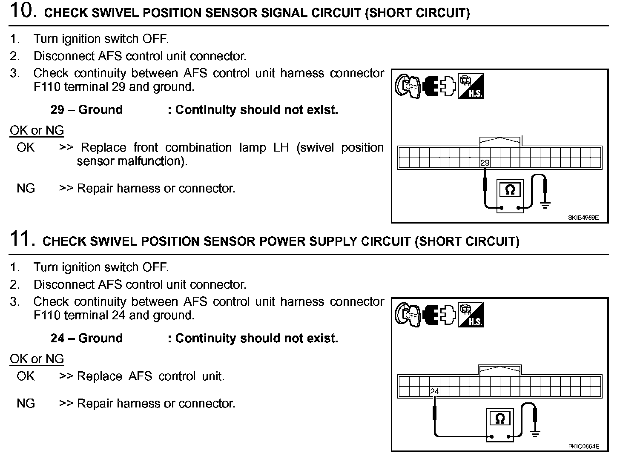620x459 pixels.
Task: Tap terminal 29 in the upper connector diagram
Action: click(x=485, y=163)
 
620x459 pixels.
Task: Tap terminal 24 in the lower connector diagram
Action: click(x=434, y=391)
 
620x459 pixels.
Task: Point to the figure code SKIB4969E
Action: click(x=583, y=218)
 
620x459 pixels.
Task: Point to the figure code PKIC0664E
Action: click(x=583, y=446)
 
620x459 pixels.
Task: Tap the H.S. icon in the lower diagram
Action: click(x=471, y=315)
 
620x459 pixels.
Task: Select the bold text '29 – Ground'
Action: click(x=86, y=110)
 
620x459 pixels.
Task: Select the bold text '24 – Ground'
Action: click(x=86, y=339)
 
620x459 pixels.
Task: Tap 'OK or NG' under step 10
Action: click(x=37, y=130)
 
